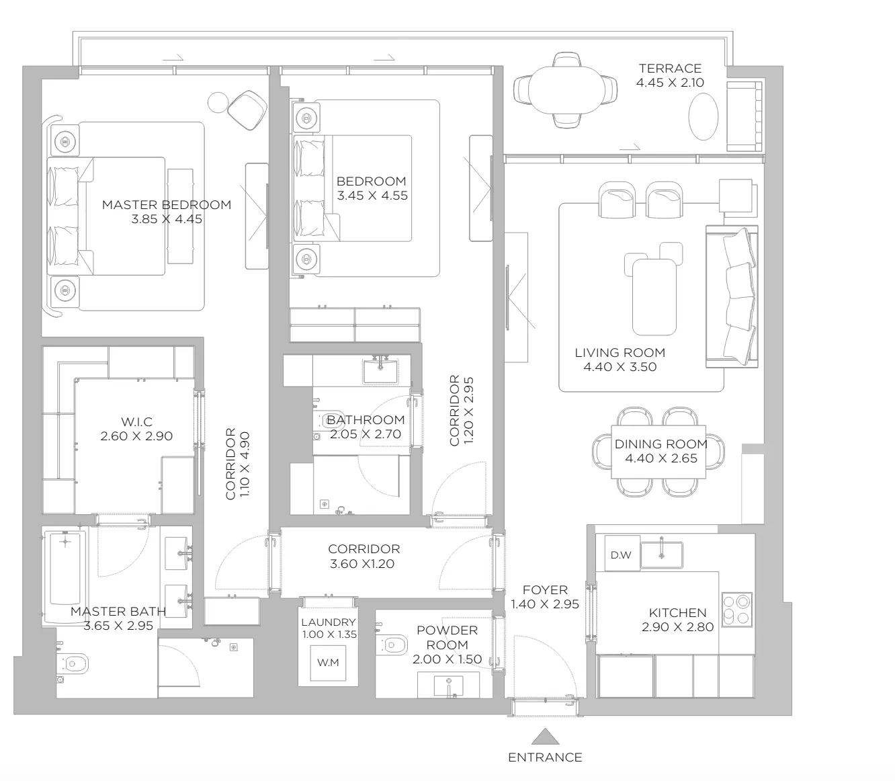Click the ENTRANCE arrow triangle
tap(545, 737)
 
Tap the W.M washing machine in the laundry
tap(328, 663)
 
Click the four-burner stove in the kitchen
tap(736, 610)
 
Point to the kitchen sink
tap(661, 554)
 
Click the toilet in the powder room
tap(392, 645)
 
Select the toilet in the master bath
tap(73, 664)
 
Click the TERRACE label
tap(670, 69)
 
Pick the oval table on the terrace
tap(704, 117)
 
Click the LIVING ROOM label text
tap(620, 353)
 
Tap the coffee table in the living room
tap(654, 296)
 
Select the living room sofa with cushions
tap(732, 296)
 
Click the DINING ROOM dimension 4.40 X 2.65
tap(661, 458)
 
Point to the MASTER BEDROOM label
tap(167, 205)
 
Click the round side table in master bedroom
tap(218, 103)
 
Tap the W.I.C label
tap(136, 422)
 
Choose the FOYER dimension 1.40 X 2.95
tap(545, 604)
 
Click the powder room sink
tap(448, 686)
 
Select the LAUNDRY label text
tap(329, 622)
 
